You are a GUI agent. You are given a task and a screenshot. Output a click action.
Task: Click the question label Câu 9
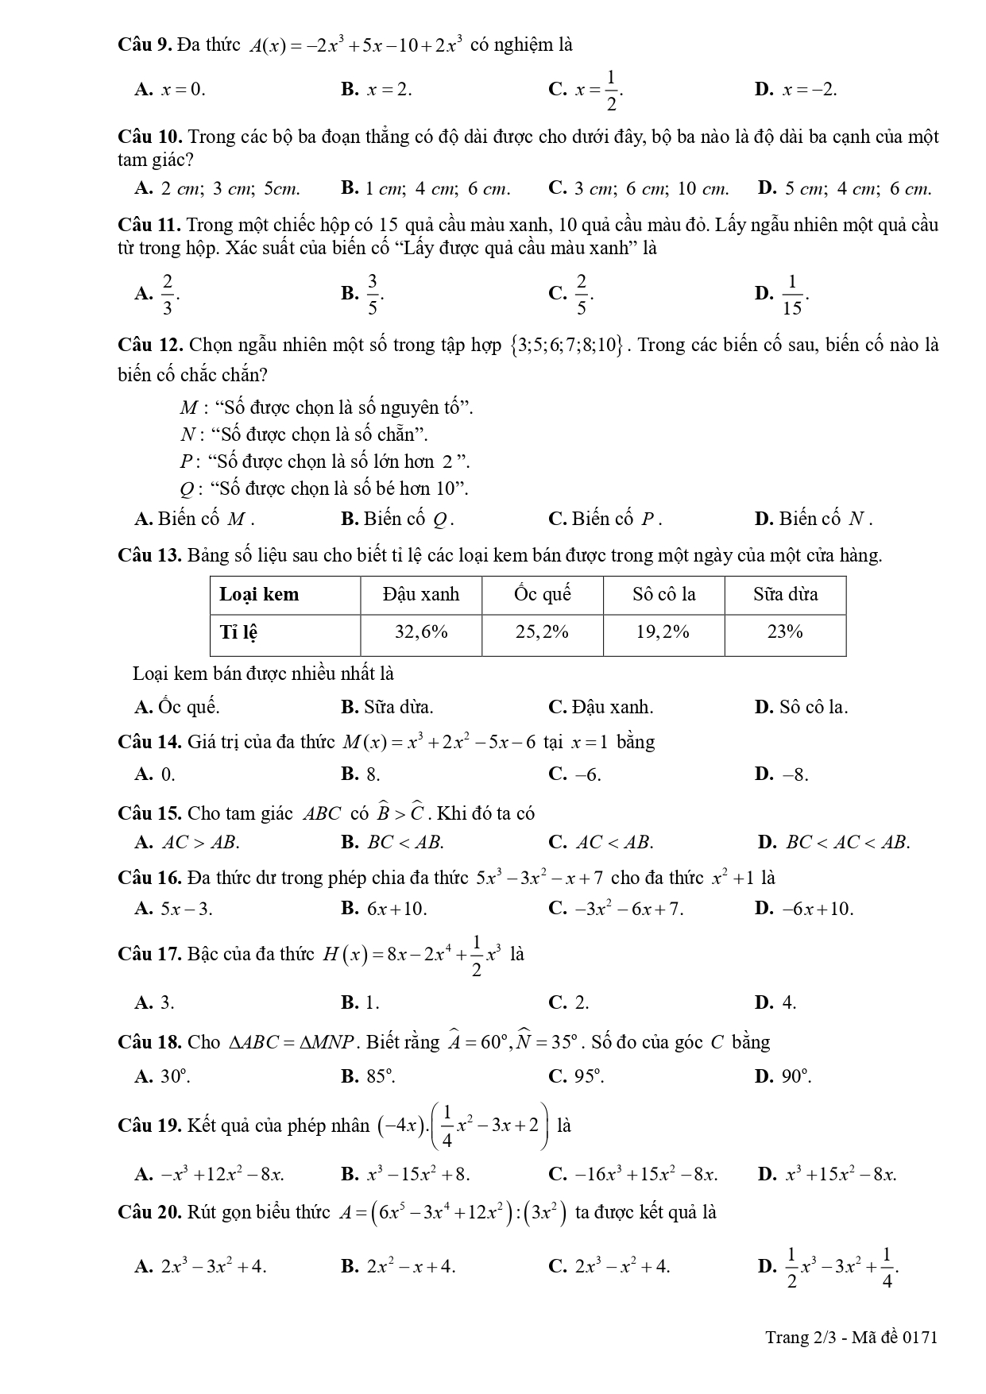pos(144,45)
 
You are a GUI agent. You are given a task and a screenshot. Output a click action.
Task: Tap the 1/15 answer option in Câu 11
pos(791,294)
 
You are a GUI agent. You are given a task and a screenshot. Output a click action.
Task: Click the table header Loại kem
pos(260,595)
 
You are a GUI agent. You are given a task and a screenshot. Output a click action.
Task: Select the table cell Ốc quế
pos(543,595)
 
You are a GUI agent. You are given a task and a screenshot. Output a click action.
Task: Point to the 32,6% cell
pos(421,632)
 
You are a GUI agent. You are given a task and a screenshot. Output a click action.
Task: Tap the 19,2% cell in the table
pos(663,632)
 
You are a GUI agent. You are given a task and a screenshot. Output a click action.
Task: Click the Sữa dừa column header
pos(785,595)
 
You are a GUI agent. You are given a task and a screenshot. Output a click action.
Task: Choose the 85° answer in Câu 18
pos(379,1076)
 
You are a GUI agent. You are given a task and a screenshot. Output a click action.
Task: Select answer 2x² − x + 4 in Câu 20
pos(410,1267)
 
